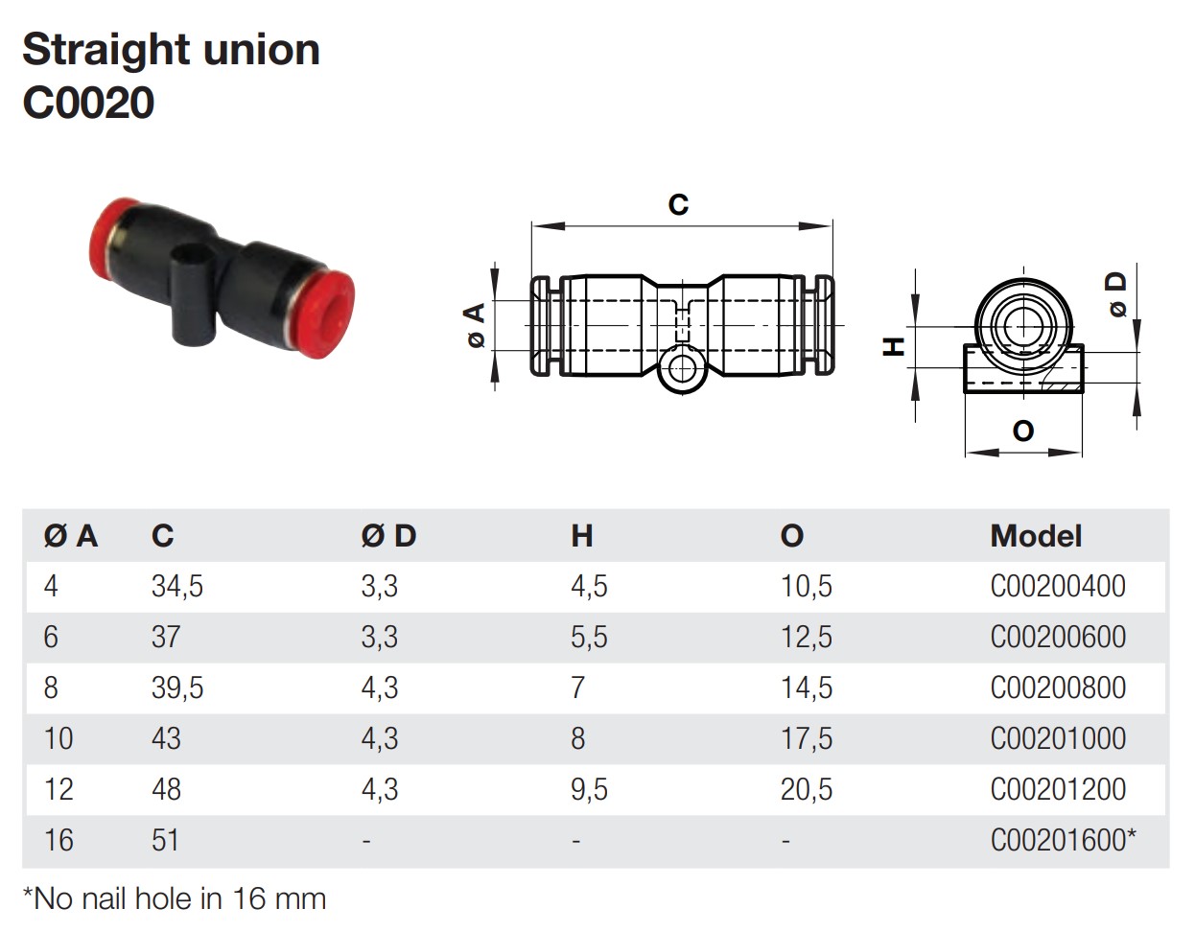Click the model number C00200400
[1058, 586]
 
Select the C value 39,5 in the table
[177, 687]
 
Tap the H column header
[582, 536]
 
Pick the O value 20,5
[807, 789]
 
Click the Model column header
[1036, 536]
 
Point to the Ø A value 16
[59, 840]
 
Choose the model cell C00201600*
[1063, 840]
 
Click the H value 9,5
[589, 789]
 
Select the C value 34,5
[177, 586]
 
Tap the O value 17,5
[807, 738]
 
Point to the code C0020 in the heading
[88, 103]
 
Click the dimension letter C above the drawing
[678, 204]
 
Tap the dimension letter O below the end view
[1023, 431]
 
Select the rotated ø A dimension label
[476, 325]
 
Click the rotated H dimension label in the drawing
[894, 347]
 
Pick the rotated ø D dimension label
[1115, 295]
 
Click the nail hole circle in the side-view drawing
[683, 369]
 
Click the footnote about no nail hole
[175, 899]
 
